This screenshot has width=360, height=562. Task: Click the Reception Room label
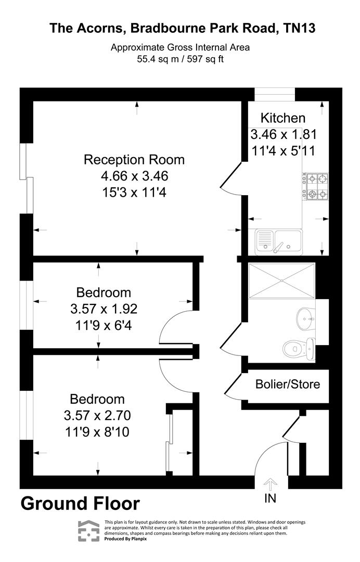(134, 159)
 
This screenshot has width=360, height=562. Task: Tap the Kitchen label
(282, 118)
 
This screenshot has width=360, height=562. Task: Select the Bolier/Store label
(288, 385)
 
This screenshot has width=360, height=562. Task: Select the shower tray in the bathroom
(282, 280)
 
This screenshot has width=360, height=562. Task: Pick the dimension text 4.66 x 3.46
(134, 176)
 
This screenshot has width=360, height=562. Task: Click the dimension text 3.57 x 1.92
(104, 309)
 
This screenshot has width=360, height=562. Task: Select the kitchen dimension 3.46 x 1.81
(284, 134)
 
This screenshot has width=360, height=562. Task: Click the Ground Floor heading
(80, 504)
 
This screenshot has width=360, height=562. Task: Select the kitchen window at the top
(275, 94)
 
